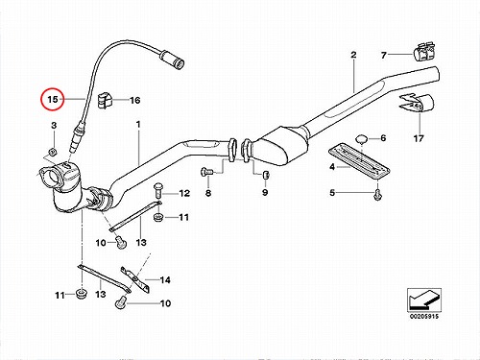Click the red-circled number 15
click(x=53, y=99)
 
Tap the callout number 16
click(x=135, y=101)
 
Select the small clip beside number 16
click(x=104, y=100)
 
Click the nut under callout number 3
click(x=53, y=151)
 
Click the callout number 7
click(x=384, y=56)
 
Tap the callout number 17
click(x=419, y=138)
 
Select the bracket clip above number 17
click(x=416, y=104)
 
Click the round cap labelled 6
click(x=362, y=140)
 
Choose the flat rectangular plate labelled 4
click(x=359, y=161)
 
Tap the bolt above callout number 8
click(x=206, y=172)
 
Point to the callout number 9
click(x=265, y=192)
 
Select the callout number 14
click(x=165, y=280)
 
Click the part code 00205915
click(x=424, y=316)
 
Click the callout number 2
click(x=353, y=55)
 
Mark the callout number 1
click(x=138, y=124)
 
